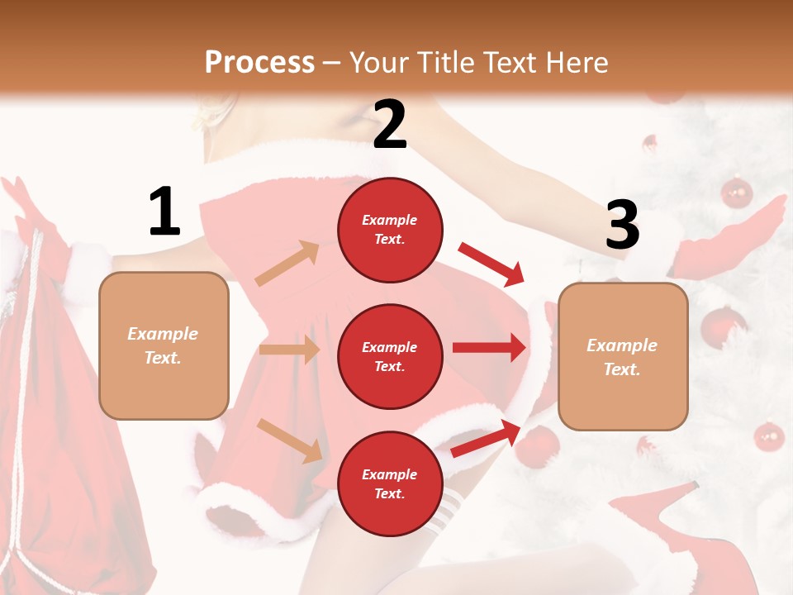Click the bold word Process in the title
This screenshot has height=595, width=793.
point(259,62)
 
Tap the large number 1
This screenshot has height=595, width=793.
point(164,212)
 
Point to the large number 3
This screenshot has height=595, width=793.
point(622,225)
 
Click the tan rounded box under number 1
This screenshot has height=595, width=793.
point(164,345)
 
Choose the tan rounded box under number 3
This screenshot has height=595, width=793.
point(623,356)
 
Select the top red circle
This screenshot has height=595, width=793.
point(390,230)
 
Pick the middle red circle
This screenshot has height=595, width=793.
point(390,356)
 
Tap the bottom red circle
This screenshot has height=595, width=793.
point(390,483)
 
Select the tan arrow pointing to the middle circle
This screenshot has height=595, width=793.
point(289,350)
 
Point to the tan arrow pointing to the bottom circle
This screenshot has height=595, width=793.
point(289,440)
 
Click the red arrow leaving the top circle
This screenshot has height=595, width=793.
point(491,264)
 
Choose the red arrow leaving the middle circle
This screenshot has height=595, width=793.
point(489,347)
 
